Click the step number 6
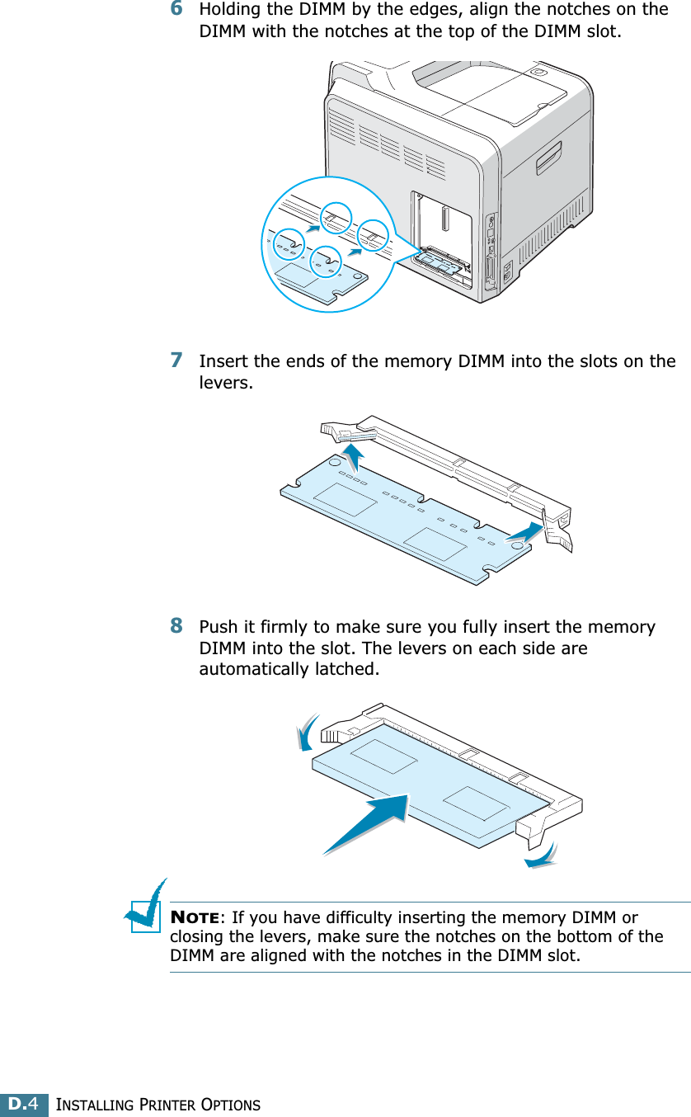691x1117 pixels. point(176,10)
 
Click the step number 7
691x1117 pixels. point(176,361)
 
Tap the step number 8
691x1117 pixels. point(176,627)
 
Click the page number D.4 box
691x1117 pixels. point(24,1103)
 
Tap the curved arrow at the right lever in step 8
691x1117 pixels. point(541,855)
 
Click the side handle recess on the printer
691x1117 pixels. point(548,156)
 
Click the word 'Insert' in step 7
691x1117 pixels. point(223,362)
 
